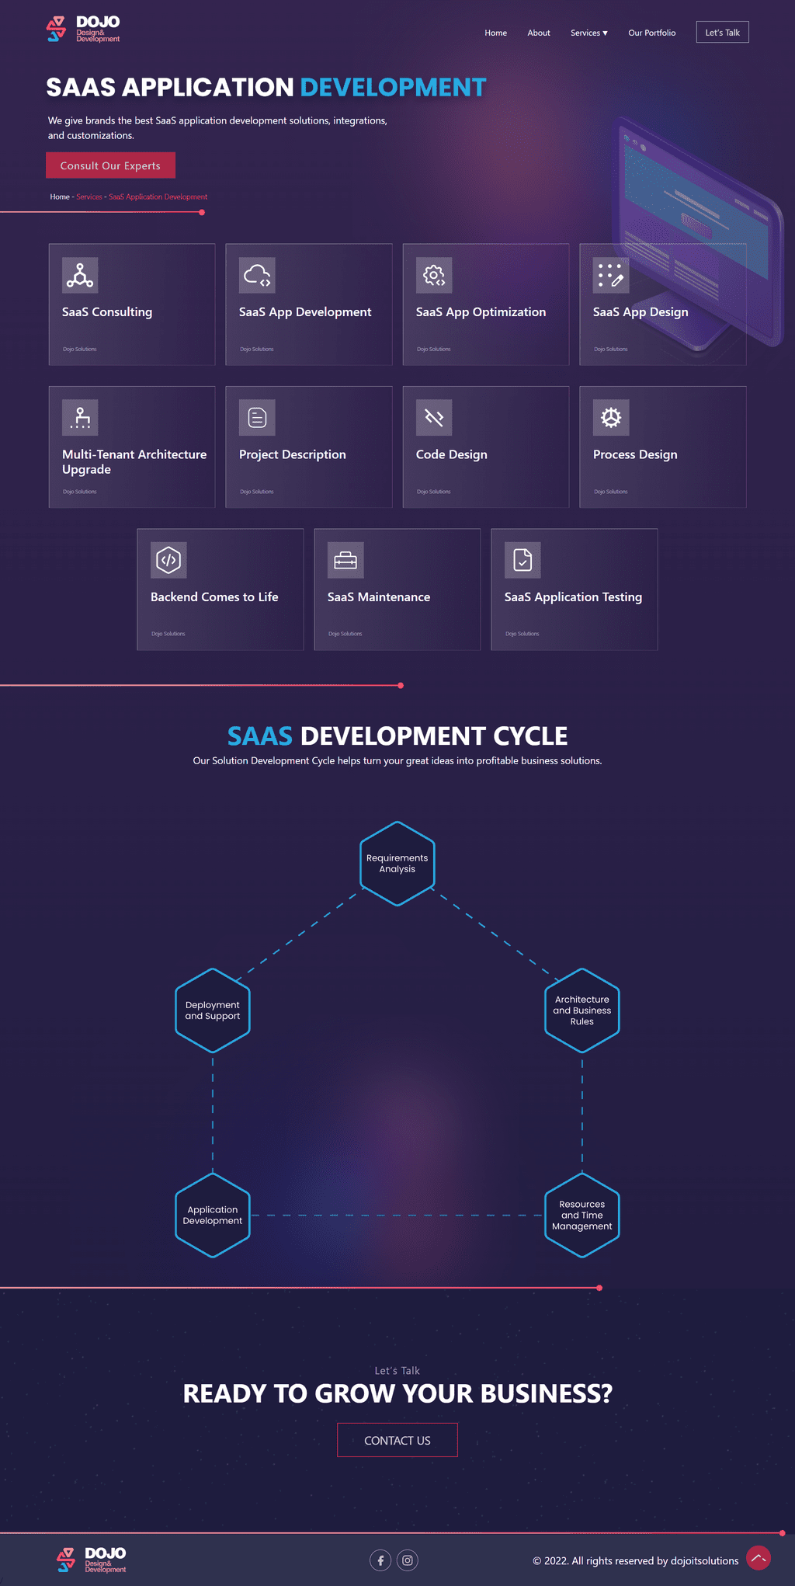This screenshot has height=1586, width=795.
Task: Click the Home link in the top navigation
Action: pyautogui.click(x=495, y=33)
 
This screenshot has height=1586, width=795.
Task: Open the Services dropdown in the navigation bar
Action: pyautogui.click(x=588, y=33)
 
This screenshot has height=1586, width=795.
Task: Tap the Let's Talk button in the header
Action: pyautogui.click(x=722, y=32)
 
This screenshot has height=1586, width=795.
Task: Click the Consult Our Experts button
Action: pyautogui.click(x=110, y=165)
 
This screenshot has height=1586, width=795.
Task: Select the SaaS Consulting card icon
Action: pyautogui.click(x=80, y=275)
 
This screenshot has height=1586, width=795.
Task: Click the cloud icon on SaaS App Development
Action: pyautogui.click(x=257, y=275)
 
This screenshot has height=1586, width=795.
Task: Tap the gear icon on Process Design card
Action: pyautogui.click(x=611, y=418)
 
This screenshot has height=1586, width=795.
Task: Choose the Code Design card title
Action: pyautogui.click(x=452, y=454)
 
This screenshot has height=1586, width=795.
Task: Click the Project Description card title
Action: pyautogui.click(x=293, y=454)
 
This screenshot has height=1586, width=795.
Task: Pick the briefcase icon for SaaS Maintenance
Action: pyautogui.click(x=345, y=560)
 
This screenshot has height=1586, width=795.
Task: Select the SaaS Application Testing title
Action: pyautogui.click(x=573, y=596)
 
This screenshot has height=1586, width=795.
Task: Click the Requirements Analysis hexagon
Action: pyautogui.click(x=397, y=864)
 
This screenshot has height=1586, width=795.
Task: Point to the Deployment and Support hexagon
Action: pyautogui.click(x=213, y=1010)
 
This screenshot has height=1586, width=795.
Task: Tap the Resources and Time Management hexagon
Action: pyautogui.click(x=582, y=1215)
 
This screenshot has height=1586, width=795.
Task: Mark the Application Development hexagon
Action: pyautogui.click(x=213, y=1215)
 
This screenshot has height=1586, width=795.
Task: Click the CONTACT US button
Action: pyautogui.click(x=397, y=1440)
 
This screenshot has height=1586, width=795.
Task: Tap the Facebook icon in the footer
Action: pyautogui.click(x=380, y=1560)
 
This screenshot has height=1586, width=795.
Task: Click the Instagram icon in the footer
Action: pyautogui.click(x=408, y=1560)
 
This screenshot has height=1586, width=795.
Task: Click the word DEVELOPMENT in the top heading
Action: pyautogui.click(x=393, y=88)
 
